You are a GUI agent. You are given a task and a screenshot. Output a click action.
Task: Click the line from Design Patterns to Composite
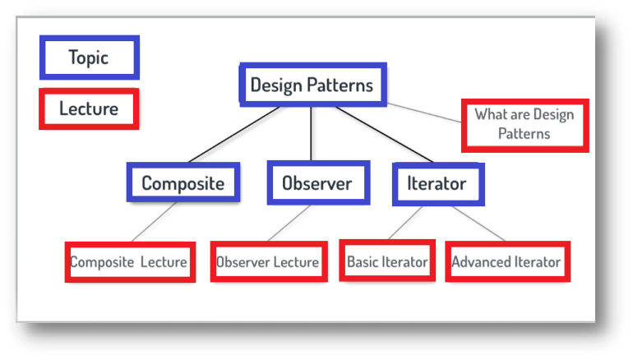coord(234,135)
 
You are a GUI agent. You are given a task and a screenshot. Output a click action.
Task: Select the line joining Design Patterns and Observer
coord(311,134)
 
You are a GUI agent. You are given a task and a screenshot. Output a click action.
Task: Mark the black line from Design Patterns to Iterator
coord(385,135)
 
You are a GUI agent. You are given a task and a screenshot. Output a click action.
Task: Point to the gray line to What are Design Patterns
coord(424,113)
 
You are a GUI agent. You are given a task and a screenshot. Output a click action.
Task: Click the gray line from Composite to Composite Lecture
coord(154,222)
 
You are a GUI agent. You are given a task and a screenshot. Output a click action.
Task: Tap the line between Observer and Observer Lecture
coord(289,224)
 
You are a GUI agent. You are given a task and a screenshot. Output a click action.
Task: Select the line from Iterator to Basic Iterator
coord(405,223)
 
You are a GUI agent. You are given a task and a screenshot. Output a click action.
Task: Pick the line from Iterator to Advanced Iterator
coord(478,224)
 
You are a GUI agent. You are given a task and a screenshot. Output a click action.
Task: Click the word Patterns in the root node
coord(340,85)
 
